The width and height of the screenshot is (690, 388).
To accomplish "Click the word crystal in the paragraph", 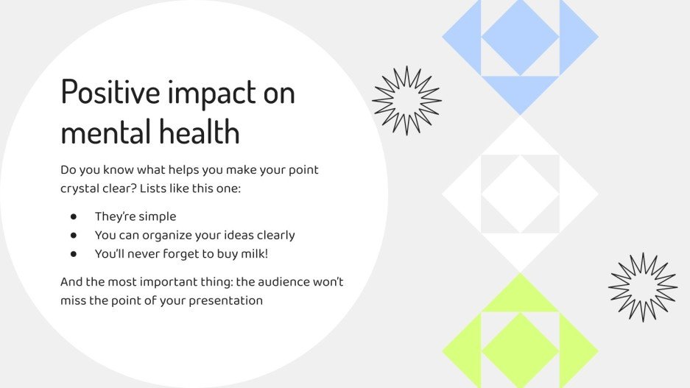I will click(x=81, y=188).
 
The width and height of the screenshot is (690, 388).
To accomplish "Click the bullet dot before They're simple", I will click(x=74, y=216).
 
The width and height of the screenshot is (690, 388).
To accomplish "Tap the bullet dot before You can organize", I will click(x=74, y=236).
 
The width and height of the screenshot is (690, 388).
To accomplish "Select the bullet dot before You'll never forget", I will click(x=74, y=254).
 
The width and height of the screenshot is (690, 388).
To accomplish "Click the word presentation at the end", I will click(x=226, y=300).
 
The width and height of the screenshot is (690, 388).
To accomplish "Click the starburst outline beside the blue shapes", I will click(x=406, y=100).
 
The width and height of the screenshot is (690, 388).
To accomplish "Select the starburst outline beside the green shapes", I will click(x=643, y=287).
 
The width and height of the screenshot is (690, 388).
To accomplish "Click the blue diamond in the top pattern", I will click(x=520, y=37).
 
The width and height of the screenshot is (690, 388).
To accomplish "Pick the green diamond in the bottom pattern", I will click(x=520, y=350).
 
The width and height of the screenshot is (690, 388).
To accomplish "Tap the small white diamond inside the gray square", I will click(x=520, y=194).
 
